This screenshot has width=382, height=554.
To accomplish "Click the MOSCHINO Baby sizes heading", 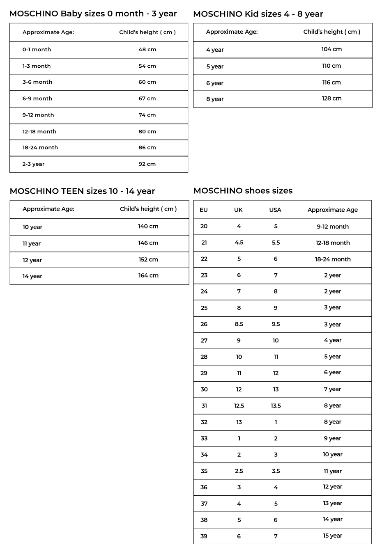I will (x=93, y=14).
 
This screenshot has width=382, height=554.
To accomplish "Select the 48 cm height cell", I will (x=147, y=49).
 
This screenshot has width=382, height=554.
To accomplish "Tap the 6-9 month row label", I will (x=37, y=98).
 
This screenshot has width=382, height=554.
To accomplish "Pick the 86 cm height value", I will (x=147, y=147).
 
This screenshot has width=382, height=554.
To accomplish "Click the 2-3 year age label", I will (x=33, y=164).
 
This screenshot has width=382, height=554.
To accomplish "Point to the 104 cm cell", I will (x=331, y=49).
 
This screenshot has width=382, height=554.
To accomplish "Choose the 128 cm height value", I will (x=331, y=98).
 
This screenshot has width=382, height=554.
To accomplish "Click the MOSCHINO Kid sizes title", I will (x=258, y=14).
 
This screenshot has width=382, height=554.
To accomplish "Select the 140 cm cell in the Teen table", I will (x=148, y=226).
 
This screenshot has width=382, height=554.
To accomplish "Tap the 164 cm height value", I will (x=148, y=275).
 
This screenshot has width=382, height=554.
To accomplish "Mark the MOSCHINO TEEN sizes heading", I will (x=82, y=191).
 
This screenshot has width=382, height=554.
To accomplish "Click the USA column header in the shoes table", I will (x=275, y=210).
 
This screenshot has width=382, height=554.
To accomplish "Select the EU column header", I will (x=204, y=210).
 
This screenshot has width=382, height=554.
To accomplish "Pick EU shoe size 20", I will (x=204, y=226).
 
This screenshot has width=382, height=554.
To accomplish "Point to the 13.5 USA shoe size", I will (x=276, y=405).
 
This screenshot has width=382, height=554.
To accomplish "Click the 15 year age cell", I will (x=332, y=536).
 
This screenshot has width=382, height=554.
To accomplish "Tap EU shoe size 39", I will (x=204, y=536).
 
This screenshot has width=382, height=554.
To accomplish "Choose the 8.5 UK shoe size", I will (x=239, y=324).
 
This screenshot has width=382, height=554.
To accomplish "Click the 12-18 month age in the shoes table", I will (x=333, y=243).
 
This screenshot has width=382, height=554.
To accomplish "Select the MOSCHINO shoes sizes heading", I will (x=243, y=190).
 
